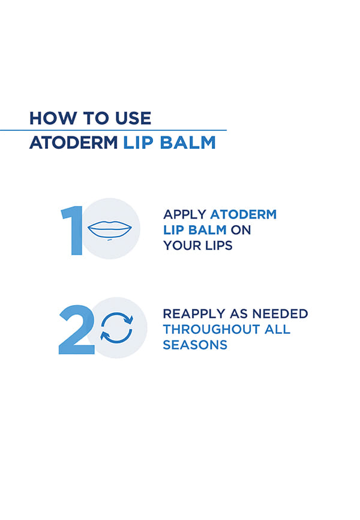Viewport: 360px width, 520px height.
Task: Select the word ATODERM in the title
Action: [x=74, y=143]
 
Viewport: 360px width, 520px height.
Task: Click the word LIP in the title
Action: [x=138, y=143]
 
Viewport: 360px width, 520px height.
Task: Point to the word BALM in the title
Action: [x=188, y=143]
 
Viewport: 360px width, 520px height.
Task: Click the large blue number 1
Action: [x=73, y=230]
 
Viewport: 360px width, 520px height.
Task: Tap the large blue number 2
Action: [x=77, y=330]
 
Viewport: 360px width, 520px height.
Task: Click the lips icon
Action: [x=109, y=229]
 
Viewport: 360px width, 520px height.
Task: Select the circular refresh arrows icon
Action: [x=116, y=328]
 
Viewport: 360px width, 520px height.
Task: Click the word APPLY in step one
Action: [x=185, y=214]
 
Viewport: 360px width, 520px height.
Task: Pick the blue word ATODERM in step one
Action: [x=244, y=214]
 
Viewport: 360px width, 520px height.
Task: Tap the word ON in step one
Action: [x=241, y=230]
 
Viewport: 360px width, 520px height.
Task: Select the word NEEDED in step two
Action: [x=280, y=313]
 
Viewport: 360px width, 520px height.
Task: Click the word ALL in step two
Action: [x=277, y=329]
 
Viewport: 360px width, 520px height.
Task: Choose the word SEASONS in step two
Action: [x=195, y=345]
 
